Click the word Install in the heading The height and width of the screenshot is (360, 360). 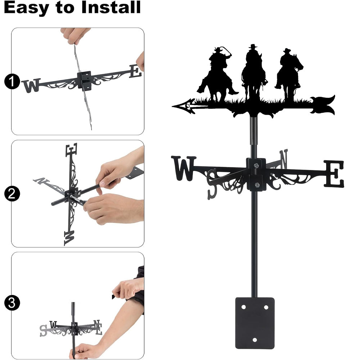111,7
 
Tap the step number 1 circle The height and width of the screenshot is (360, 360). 12,81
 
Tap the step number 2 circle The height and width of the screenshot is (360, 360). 12,194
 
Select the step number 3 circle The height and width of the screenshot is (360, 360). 12,303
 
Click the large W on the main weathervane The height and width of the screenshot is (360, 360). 183,168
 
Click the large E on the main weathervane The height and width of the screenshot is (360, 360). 334,174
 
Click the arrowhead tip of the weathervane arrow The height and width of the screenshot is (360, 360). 173,106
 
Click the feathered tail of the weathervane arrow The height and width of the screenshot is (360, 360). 323,105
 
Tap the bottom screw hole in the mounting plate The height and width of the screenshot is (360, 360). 255,340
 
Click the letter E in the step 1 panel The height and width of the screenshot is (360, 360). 135,71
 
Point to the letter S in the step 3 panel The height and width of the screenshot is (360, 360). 44,330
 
